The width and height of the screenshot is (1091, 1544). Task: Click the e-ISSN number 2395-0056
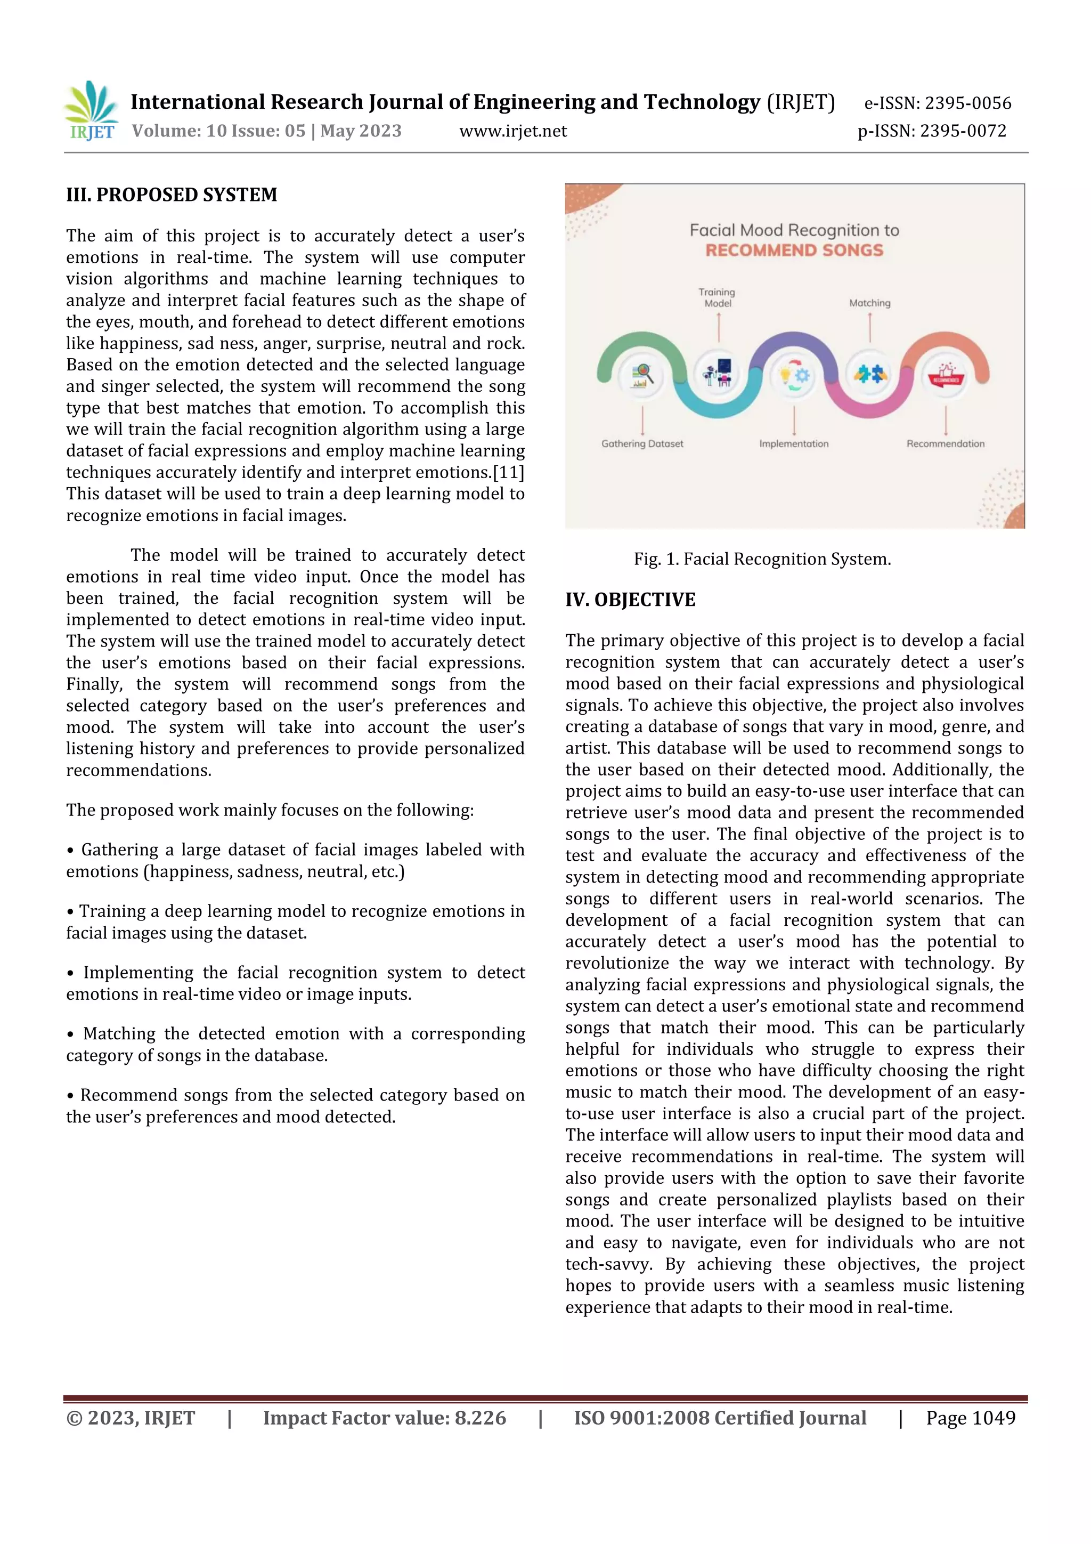coord(967,103)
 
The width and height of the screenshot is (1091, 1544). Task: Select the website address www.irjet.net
coord(513,131)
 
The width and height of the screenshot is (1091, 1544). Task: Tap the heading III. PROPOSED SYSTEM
coord(172,195)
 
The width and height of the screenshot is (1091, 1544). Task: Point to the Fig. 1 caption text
coord(762,559)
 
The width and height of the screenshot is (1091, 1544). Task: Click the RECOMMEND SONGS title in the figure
coord(794,250)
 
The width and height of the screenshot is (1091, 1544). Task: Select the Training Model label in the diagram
coord(717,297)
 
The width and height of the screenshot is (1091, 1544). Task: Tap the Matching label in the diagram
coord(869,303)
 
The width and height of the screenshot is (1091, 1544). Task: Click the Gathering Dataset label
coord(642,444)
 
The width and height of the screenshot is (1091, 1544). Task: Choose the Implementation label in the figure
coord(793,444)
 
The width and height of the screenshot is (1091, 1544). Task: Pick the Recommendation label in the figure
coord(945,444)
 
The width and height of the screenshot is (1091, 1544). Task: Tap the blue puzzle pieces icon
coord(870,374)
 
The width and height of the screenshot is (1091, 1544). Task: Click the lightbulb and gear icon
coord(794,375)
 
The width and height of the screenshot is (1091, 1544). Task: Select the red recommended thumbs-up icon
coord(945,374)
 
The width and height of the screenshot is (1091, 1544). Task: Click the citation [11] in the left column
coord(508,473)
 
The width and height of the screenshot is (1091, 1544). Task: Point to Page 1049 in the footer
coord(970,1418)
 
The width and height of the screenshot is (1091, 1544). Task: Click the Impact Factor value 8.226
coord(480,1418)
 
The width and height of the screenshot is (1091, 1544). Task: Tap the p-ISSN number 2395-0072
coord(963,131)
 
